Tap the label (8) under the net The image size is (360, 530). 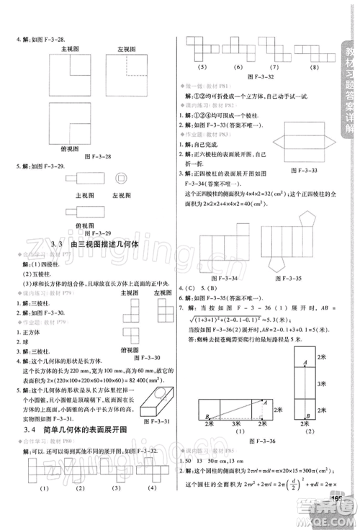tap(315, 66)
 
